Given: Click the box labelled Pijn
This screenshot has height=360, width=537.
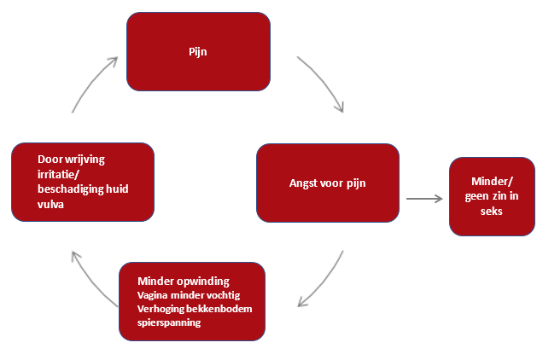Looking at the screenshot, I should [198, 51].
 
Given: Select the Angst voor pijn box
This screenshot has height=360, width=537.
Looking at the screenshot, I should [328, 182].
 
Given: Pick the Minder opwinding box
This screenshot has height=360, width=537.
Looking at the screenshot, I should [191, 301].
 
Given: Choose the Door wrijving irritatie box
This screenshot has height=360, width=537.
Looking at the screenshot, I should [83, 182].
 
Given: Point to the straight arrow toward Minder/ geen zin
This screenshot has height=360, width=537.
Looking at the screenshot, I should [424, 199].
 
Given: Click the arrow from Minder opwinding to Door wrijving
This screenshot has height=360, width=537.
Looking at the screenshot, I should [90, 279].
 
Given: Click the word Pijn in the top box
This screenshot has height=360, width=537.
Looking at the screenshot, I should [198, 51].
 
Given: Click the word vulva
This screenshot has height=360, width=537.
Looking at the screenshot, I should [53, 204].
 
